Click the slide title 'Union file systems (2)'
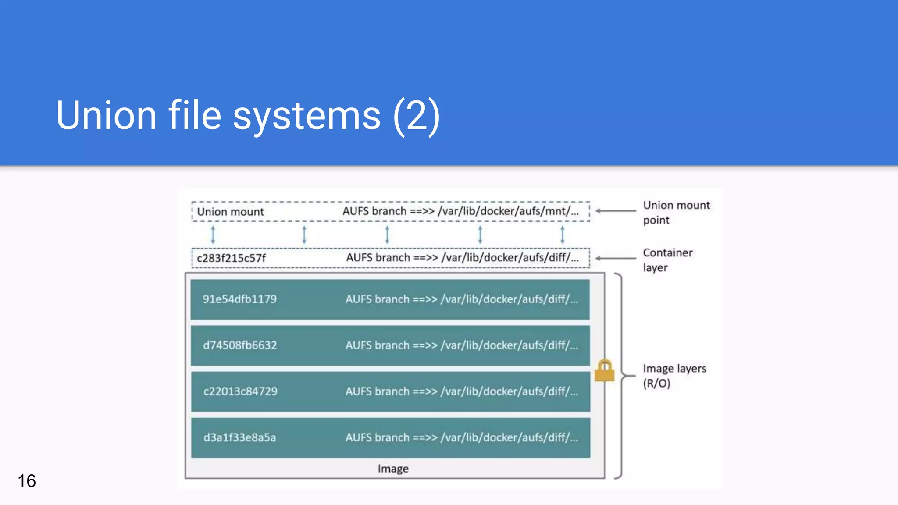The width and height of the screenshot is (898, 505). (248, 115)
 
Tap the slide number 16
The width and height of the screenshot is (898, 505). (27, 481)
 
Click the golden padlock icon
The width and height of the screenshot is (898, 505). (604, 371)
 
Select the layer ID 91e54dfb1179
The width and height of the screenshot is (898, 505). (239, 299)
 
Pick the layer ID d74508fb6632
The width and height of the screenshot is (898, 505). (240, 345)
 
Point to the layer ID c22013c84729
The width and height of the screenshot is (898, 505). (240, 391)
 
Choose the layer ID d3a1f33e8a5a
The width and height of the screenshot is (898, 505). (239, 437)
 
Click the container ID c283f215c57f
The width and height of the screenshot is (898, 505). (231, 258)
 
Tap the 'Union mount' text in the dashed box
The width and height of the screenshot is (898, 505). (230, 212)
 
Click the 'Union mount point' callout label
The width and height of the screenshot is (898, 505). (676, 213)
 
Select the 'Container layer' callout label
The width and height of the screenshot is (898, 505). (667, 260)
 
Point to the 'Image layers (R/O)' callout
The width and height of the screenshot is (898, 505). (674, 376)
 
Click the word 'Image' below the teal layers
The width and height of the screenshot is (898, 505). (393, 469)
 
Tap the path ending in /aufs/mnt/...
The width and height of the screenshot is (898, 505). (460, 211)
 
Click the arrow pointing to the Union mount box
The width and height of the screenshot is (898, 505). (616, 211)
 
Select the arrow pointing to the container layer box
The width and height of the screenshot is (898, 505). (616, 258)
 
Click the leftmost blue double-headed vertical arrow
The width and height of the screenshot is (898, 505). (213, 235)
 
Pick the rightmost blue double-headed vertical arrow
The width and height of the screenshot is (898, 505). (562, 235)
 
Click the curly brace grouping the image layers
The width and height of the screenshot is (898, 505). (620, 376)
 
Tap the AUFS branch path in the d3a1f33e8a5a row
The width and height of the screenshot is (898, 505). (462, 437)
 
